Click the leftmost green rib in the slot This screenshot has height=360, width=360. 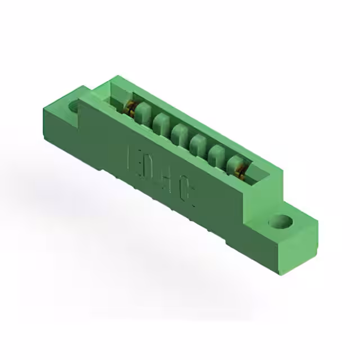142,110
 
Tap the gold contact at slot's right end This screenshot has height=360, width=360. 243,170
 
